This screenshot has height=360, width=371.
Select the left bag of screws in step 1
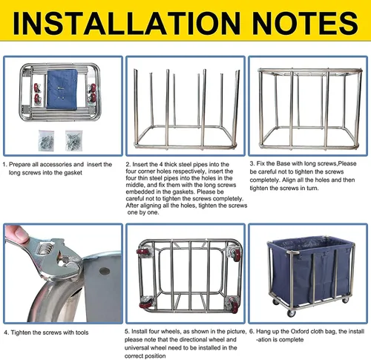[x=46, y=140]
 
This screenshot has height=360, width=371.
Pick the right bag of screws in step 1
[x=73, y=140]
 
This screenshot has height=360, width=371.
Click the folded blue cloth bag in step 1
[x=62, y=89]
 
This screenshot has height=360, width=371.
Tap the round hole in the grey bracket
[x=105, y=271]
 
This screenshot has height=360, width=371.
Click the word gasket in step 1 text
[x=73, y=173]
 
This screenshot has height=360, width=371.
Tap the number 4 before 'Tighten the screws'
[x=6, y=333]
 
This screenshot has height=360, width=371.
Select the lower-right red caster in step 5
[x=234, y=303]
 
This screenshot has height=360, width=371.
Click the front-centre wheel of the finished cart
[x=291, y=313]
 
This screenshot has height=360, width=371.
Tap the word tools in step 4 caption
[x=82, y=333]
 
